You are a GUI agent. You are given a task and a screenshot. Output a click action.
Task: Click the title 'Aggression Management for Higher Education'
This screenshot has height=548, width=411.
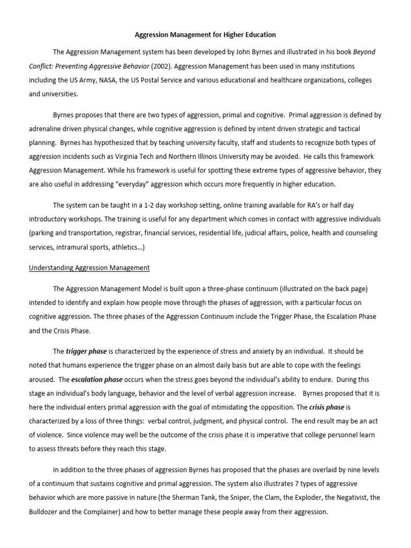[x=205, y=35]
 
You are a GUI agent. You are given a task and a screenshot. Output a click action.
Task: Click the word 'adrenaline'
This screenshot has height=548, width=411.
[x=45, y=129]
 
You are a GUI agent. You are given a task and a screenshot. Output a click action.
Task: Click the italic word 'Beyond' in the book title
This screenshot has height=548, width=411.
[x=363, y=52]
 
